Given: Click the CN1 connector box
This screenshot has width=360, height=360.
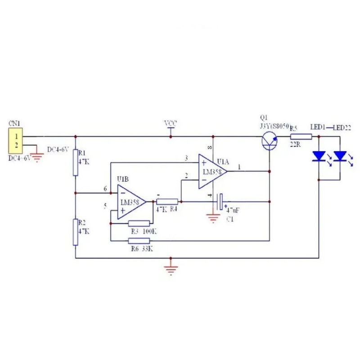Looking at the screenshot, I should [17, 140].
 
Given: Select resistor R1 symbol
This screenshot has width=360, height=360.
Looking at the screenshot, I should [76, 162].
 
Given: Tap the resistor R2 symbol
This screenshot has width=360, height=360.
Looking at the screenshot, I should [76, 232].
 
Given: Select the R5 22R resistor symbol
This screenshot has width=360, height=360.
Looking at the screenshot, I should [301, 136].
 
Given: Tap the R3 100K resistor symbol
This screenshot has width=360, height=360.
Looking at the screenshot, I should [139, 223].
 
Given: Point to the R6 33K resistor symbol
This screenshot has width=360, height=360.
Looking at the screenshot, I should [139, 241].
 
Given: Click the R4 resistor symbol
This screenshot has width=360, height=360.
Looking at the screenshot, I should [167, 202].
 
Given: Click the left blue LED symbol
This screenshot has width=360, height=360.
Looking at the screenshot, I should [319, 156].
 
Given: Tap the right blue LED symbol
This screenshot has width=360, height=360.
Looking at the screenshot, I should [341, 156].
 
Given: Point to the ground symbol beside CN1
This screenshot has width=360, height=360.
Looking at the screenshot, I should [38, 157].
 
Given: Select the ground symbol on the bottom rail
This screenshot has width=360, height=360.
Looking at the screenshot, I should [171, 269].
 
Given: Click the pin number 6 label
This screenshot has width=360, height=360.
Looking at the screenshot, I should [105, 189].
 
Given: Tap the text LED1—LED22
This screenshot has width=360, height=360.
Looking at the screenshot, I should [330, 127].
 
